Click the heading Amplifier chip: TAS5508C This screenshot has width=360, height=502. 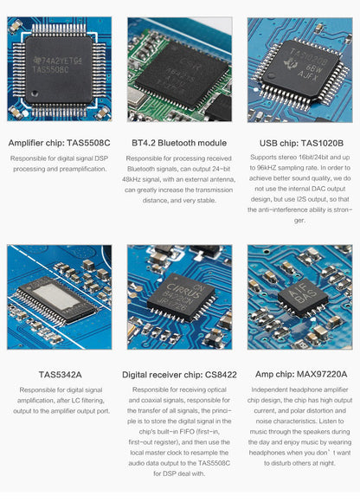[59, 143]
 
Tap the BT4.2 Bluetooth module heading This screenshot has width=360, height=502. [179, 143]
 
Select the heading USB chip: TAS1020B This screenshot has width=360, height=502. [301, 143]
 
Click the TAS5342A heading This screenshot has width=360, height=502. [61, 375]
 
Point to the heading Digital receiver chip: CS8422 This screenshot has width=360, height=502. [179, 375]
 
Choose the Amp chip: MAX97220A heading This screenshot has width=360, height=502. [301, 374]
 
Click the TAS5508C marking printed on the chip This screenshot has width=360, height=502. [50, 69]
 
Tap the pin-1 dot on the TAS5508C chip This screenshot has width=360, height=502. [35, 93]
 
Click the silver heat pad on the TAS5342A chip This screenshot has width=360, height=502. [56, 296]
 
